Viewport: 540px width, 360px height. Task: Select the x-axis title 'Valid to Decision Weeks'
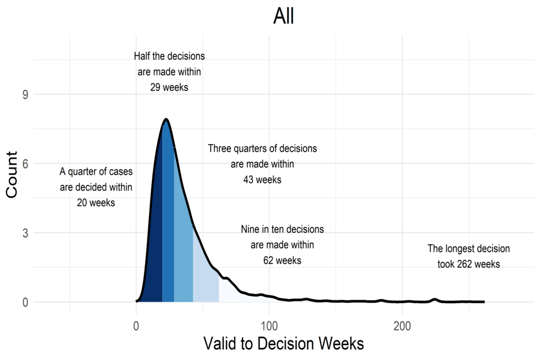(x=283, y=343)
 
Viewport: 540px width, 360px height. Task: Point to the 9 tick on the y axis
(x=25, y=94)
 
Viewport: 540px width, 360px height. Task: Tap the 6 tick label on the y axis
(x=25, y=164)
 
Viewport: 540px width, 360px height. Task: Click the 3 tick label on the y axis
(x=25, y=233)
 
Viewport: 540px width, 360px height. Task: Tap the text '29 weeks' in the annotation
(x=169, y=87)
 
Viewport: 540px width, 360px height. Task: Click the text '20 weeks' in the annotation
(x=96, y=202)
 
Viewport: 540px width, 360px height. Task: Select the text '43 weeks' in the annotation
(x=262, y=180)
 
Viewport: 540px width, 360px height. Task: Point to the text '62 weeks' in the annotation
(x=282, y=260)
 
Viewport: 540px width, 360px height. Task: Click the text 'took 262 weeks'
(x=469, y=264)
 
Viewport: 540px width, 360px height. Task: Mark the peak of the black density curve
(x=166, y=119)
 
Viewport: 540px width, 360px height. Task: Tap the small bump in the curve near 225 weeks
(x=435, y=299)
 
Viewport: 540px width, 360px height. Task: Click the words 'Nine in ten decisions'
(x=282, y=229)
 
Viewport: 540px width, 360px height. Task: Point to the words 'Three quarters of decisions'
(x=262, y=149)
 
